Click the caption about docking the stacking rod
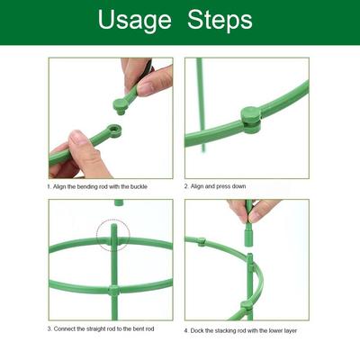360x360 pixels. click(241, 330)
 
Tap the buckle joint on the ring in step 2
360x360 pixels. click(250, 117)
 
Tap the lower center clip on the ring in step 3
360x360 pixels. click(113, 291)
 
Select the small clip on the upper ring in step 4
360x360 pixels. click(202, 241)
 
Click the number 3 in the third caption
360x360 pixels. click(50, 330)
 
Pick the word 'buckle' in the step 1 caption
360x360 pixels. click(134, 186)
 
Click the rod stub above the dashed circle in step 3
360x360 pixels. click(119, 202)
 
